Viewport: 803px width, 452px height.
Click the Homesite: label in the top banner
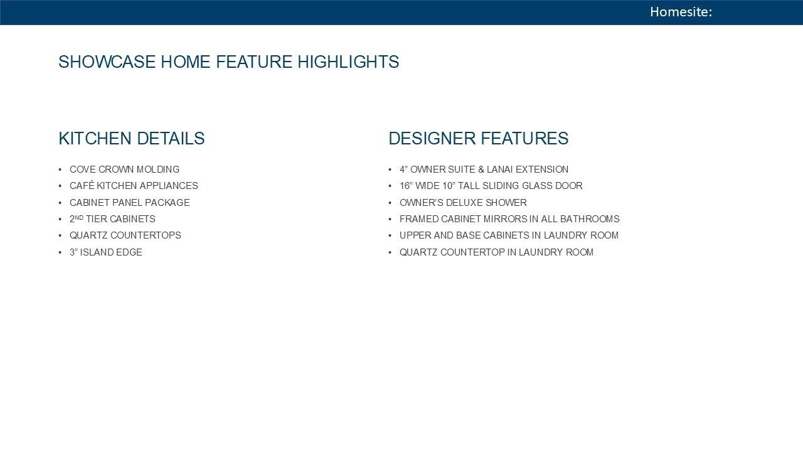(x=681, y=12)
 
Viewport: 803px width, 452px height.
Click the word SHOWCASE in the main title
(x=107, y=62)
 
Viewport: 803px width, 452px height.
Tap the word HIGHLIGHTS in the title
(x=348, y=62)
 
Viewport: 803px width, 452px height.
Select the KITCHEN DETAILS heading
(x=132, y=139)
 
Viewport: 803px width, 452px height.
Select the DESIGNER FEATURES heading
(x=479, y=139)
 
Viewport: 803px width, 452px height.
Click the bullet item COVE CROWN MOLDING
(x=124, y=169)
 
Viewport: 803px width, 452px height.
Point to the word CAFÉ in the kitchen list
(x=82, y=185)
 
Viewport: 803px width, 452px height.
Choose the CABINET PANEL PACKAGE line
(x=130, y=203)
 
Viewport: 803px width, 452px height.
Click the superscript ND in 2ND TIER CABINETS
(x=79, y=217)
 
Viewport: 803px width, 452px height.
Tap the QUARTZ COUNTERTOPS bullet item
(x=125, y=235)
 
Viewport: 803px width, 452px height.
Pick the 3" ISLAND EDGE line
(x=106, y=252)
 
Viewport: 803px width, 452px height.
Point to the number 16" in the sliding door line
(x=406, y=186)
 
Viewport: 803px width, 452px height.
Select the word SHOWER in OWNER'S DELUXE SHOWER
(x=506, y=203)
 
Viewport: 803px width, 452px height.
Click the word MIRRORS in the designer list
(x=506, y=219)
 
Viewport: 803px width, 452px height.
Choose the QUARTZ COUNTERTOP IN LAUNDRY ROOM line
(x=496, y=252)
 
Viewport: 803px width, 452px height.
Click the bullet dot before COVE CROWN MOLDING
(x=60, y=169)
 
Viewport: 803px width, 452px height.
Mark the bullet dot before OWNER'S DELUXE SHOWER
(x=390, y=203)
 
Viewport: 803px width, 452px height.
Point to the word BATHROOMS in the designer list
(x=590, y=219)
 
